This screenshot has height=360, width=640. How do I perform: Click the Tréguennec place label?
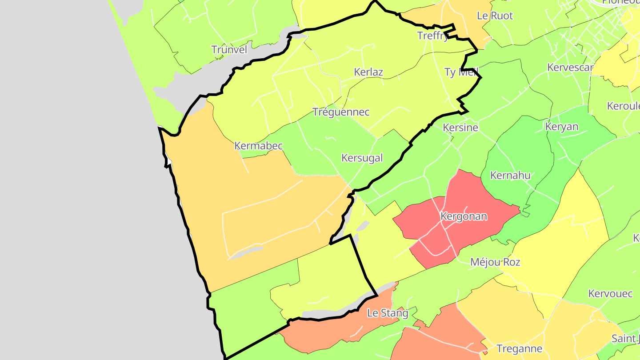(x=341, y=112)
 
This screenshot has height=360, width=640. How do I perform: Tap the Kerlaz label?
(x=368, y=72)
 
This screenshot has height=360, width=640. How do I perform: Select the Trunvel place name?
(x=229, y=49)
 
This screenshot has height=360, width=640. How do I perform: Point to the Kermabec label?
(x=258, y=146)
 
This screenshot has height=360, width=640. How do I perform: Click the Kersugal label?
(x=362, y=158)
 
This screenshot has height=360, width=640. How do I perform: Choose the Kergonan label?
(x=464, y=217)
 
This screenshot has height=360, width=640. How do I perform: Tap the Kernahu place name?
(x=510, y=176)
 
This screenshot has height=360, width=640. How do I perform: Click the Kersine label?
(x=460, y=128)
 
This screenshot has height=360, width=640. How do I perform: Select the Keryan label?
(x=562, y=127)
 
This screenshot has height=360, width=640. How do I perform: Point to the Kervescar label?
(x=570, y=68)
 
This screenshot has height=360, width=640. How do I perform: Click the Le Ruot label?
(x=495, y=16)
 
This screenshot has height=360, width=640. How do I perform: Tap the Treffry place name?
(x=432, y=36)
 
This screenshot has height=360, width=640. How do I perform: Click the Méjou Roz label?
(x=495, y=262)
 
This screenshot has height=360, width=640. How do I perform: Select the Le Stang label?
(x=388, y=313)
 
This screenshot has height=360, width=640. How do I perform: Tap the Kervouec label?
(x=610, y=294)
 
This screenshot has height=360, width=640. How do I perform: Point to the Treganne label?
(x=519, y=349)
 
